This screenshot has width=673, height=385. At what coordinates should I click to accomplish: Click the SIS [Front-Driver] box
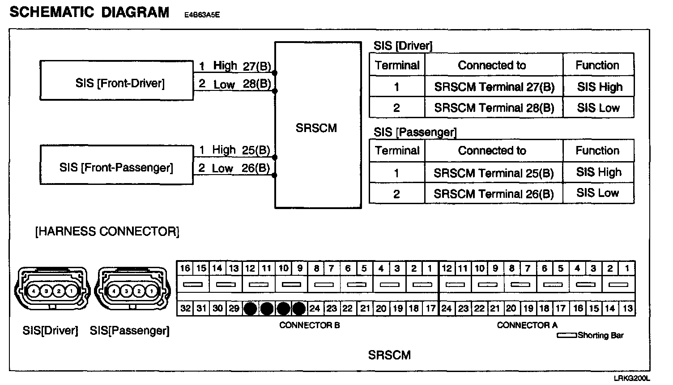pyautogui.click(x=116, y=81)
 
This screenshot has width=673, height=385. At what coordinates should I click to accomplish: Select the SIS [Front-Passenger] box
pyautogui.click(x=116, y=165)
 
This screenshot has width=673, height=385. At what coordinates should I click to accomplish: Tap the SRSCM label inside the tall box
pyautogui.click(x=316, y=128)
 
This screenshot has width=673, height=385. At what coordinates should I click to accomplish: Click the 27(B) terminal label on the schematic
pyautogui.click(x=257, y=67)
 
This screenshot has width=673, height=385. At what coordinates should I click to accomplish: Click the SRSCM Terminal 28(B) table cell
pyautogui.click(x=494, y=108)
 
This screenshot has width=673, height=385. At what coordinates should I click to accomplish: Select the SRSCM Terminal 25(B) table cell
pyautogui.click(x=494, y=173)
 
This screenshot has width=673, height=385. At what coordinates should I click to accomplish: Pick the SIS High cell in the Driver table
pyautogui.click(x=599, y=87)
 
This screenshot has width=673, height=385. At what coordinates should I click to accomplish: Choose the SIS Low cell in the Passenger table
pyautogui.click(x=598, y=193)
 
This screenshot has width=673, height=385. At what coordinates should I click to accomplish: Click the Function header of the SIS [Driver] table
pyautogui.click(x=597, y=65)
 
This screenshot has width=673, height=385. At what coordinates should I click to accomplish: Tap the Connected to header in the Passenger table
pyautogui.click(x=492, y=151)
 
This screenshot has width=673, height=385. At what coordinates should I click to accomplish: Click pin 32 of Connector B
pyautogui.click(x=185, y=308)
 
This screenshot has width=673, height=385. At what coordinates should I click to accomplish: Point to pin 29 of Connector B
pyautogui.click(x=234, y=308)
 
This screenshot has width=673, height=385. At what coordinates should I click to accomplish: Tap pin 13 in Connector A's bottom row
pyautogui.click(x=627, y=308)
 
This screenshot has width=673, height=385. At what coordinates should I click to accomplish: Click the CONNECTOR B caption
pyautogui.click(x=310, y=325)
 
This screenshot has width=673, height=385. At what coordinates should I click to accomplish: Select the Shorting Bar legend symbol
pyautogui.click(x=567, y=335)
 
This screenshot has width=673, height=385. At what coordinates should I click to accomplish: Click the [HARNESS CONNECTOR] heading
pyautogui.click(x=107, y=232)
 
